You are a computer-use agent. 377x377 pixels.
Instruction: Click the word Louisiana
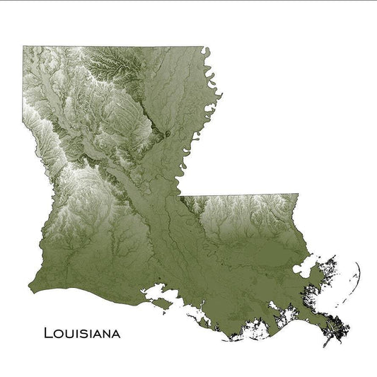(x=81, y=332)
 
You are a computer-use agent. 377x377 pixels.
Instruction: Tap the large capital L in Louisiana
(x=48, y=331)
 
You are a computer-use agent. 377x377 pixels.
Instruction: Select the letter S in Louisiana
(x=85, y=332)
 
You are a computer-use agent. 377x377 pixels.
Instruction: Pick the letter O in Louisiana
(x=59, y=332)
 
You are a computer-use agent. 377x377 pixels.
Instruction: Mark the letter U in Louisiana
(x=69, y=332)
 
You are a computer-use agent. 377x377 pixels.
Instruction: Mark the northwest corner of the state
(x=23, y=47)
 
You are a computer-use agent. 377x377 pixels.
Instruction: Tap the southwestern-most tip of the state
(x=29, y=289)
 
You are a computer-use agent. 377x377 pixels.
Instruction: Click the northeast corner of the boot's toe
(x=298, y=195)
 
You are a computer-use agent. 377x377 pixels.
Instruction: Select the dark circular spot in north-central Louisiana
(x=168, y=133)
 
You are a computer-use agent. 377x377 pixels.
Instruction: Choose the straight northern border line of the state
(x=113, y=47)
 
